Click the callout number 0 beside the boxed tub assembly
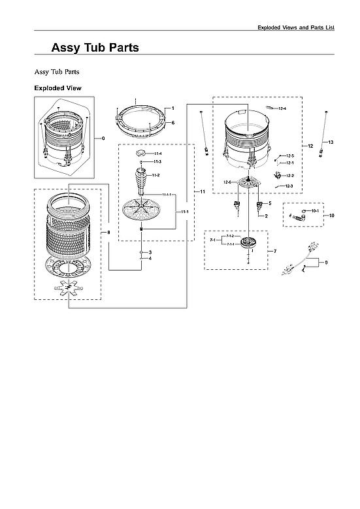(x=103, y=139)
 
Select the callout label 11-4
(x=157, y=153)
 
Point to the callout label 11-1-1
(x=167, y=195)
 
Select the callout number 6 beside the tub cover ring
(x=173, y=123)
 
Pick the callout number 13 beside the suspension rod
(x=331, y=142)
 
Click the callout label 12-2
(x=290, y=176)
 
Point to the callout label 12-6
(x=228, y=182)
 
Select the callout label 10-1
(x=314, y=211)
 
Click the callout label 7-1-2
(x=230, y=235)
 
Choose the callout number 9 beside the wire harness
(x=325, y=262)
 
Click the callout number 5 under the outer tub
(x=269, y=203)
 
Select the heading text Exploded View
(x=57, y=88)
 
